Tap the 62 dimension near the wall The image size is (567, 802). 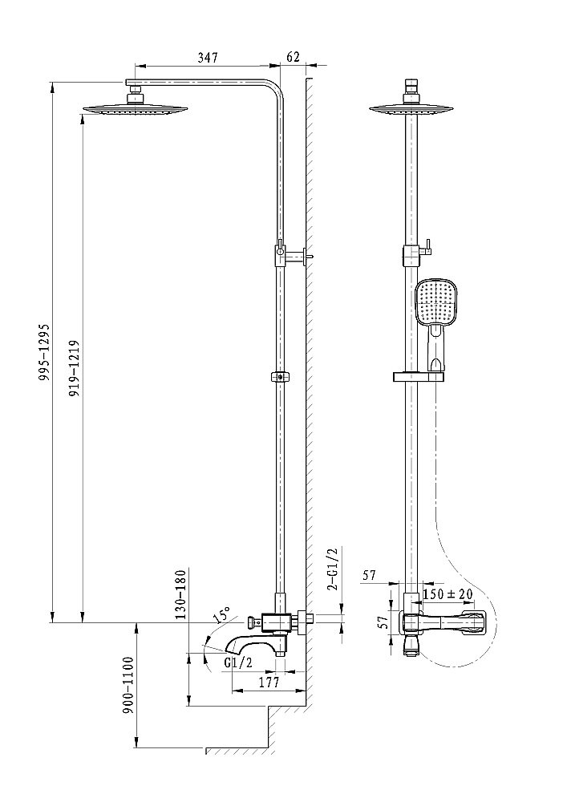[x=292, y=58]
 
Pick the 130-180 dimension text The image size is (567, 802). [x=181, y=593]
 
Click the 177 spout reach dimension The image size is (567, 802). [x=269, y=683]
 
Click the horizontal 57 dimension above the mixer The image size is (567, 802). [x=370, y=575]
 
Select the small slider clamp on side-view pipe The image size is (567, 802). [x=280, y=376]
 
